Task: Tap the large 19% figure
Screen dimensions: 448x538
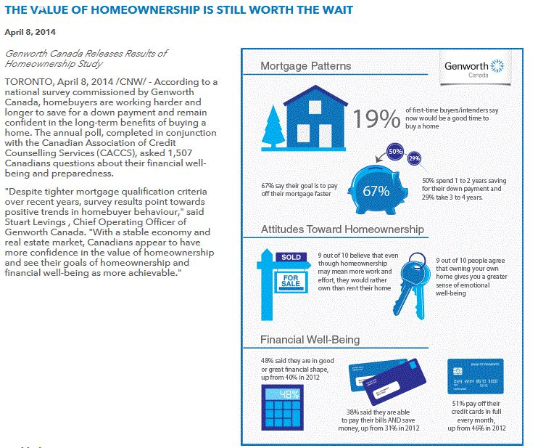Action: (x=378, y=118)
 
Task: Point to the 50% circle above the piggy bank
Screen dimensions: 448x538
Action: (x=395, y=152)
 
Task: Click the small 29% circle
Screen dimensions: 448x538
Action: (x=415, y=158)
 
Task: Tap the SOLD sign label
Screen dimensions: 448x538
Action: (x=291, y=257)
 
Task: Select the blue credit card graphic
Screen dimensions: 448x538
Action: (x=475, y=377)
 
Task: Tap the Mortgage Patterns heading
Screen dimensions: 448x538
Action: (x=306, y=66)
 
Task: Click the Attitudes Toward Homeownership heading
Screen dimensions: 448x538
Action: (x=342, y=230)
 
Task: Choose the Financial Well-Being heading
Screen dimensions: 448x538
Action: (x=310, y=340)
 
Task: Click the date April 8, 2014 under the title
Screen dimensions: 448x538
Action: (x=30, y=32)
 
